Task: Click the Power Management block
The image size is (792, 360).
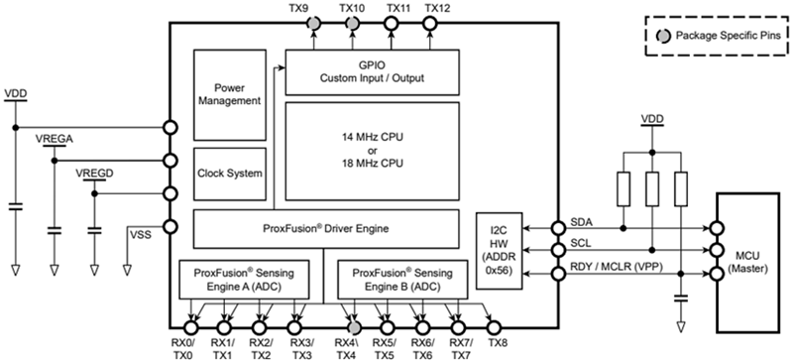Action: pos(230,94)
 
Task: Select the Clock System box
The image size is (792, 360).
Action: pos(230,174)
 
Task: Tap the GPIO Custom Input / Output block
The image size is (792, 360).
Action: pos(373,71)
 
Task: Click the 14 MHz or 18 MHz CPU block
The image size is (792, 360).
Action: pos(373,151)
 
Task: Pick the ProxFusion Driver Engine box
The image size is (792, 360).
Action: pos(326,228)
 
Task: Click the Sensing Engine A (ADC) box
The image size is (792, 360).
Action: pos(245,279)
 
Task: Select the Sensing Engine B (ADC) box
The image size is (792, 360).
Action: pos(402,279)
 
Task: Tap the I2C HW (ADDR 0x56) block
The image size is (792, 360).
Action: pos(499,251)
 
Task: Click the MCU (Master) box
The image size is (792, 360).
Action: pos(748,263)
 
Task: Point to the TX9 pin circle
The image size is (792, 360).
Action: pos(313,23)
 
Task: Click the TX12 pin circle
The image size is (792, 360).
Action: pos(430,23)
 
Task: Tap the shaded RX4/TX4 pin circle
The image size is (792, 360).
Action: pos(354,327)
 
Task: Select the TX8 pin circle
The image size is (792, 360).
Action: pos(494,327)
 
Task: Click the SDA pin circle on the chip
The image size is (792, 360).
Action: pos(558,228)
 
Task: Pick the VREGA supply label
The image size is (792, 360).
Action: pos(55,140)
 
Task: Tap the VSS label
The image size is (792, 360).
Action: pos(141,235)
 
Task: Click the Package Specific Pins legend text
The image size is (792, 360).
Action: pos(729,36)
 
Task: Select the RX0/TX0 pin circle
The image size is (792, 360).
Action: pos(190,327)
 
